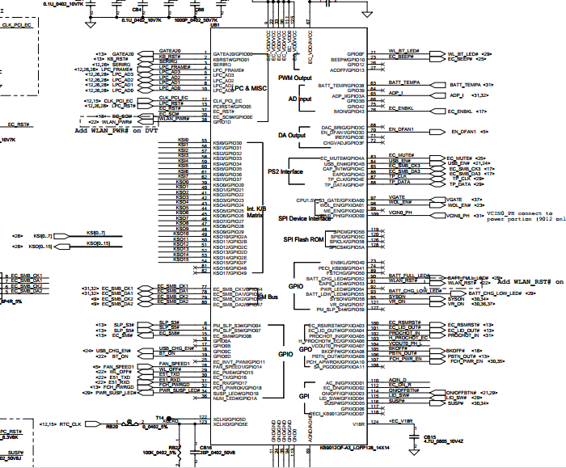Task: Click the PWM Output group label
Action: pos(295,78)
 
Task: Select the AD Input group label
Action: pos(300,99)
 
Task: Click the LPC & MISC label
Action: pos(247,87)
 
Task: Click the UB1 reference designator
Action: pos(215,25)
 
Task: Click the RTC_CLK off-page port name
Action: pos(71,424)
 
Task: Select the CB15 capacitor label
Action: pos(430,436)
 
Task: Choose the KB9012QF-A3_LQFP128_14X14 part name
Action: pos(356,446)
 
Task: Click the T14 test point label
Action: pos(160,416)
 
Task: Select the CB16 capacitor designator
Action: pos(206,446)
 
